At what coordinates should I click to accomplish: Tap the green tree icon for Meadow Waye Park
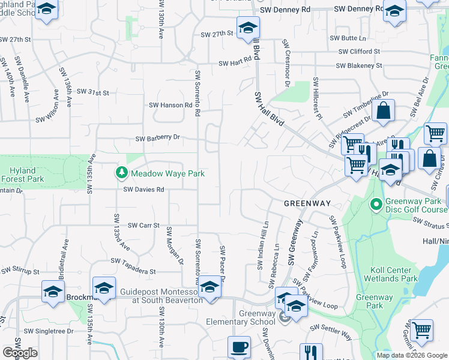(122, 173)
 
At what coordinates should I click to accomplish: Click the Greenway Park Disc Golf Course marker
(376, 205)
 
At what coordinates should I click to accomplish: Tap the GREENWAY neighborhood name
(307, 204)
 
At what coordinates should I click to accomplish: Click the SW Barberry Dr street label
(158, 138)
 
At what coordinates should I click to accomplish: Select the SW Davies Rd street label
(143, 190)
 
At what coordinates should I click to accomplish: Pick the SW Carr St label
(143, 226)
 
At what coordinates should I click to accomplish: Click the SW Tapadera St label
(133, 261)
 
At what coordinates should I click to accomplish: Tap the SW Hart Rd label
(234, 63)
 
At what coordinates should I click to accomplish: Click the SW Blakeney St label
(360, 65)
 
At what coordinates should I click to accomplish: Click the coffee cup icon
(240, 347)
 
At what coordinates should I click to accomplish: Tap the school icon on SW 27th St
(247, 28)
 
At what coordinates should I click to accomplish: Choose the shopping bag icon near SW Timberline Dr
(383, 111)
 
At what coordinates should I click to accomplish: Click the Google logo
(20, 353)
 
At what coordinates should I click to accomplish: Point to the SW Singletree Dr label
(49, 331)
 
